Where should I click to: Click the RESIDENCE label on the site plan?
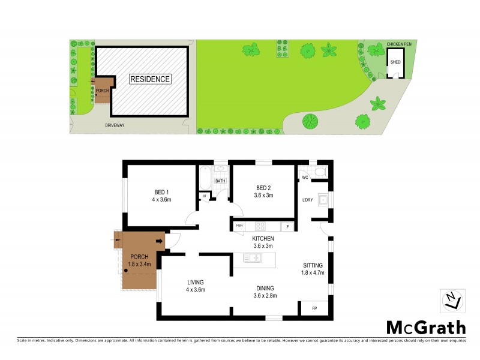point(151,79)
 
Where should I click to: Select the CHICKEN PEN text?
point(399,44)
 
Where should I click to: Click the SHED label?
point(395,62)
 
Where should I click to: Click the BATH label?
point(220,181)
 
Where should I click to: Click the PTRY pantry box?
point(239,226)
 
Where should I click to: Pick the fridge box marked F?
point(288,226)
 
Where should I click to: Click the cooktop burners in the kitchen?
point(260,226)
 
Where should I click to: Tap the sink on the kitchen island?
point(253,259)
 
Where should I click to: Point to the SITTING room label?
point(313,265)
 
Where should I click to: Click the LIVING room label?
point(195,282)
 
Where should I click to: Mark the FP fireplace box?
point(314,308)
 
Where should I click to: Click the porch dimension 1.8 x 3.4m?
point(139,263)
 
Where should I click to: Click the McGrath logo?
point(425,327)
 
